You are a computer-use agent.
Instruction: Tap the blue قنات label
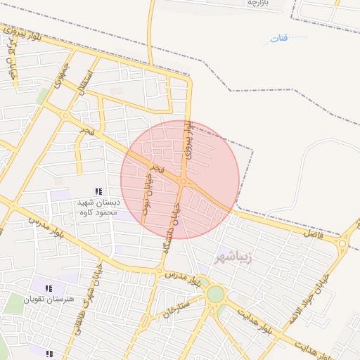279,38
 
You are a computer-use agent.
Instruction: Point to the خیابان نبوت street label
147,198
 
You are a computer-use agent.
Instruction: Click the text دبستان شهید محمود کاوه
99,207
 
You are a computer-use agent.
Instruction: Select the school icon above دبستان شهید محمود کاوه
99,191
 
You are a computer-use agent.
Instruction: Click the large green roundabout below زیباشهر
216,294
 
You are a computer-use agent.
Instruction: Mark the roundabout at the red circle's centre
183,181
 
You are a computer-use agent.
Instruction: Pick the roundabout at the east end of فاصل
342,243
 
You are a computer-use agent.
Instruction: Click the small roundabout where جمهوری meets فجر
65,115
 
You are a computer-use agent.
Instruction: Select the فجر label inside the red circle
159,170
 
